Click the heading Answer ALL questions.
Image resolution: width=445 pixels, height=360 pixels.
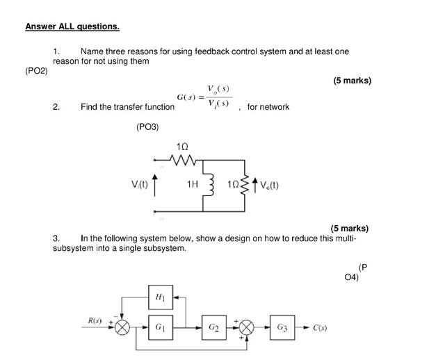click(x=72, y=26)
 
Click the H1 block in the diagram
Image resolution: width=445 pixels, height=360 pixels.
click(x=161, y=297)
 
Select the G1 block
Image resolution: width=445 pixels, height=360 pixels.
click(x=161, y=327)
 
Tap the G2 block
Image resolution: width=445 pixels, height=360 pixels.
click(x=213, y=327)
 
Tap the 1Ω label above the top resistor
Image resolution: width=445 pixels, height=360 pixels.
click(x=182, y=147)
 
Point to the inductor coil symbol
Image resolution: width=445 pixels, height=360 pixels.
click(x=207, y=185)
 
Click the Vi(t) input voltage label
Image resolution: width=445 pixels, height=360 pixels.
click(x=139, y=184)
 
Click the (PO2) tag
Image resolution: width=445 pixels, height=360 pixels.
click(x=36, y=71)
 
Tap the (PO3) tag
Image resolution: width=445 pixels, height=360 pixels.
click(x=147, y=127)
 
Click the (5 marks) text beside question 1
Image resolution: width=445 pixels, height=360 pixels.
click(x=352, y=81)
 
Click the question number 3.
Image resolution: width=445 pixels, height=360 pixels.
click(x=56, y=238)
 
